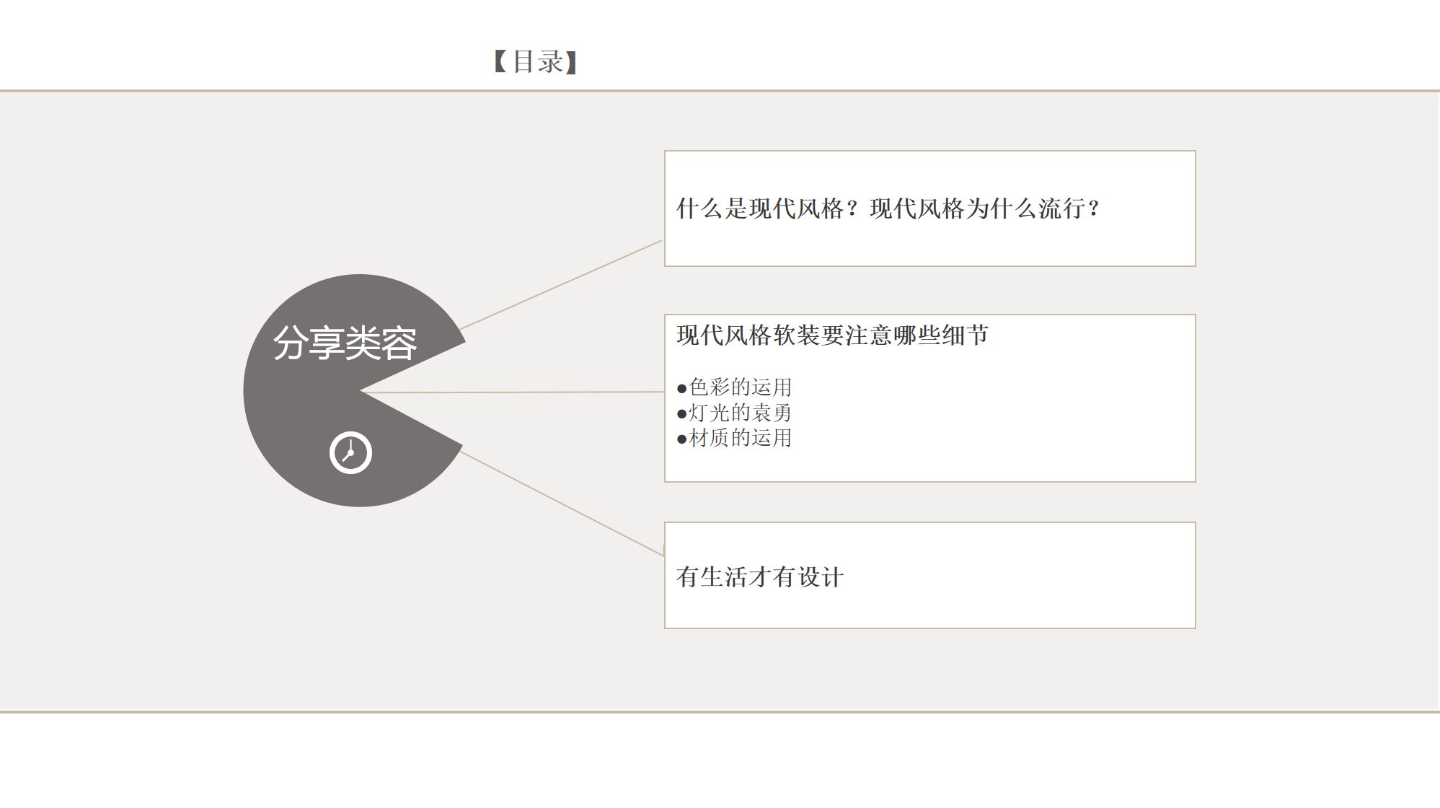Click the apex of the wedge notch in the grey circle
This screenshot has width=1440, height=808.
pos(361,391)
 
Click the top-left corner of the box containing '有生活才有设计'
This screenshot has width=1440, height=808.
pos(665,522)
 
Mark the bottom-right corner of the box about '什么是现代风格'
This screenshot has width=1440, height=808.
pos(1196,266)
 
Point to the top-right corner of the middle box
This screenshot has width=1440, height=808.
pos(1196,315)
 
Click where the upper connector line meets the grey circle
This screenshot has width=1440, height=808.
pos(459,330)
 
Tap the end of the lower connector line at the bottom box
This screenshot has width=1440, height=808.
pos(664,556)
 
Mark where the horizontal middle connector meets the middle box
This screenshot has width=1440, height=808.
pos(664,392)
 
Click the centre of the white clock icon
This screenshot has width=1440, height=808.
pos(350,453)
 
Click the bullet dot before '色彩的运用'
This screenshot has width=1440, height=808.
pos(681,389)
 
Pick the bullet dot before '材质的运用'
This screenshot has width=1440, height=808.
pos(681,439)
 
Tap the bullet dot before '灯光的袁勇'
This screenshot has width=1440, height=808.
pos(681,414)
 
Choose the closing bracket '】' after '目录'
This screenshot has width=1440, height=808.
pos(571,62)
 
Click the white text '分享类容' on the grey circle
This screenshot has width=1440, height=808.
pos(345,343)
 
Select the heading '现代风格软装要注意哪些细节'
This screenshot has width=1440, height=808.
pos(832,335)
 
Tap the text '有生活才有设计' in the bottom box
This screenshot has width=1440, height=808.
pos(760,577)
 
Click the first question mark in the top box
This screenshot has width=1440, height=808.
pos(853,209)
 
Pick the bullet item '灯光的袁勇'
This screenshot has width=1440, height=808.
pos(741,413)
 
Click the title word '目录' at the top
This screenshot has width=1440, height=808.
pos(537,62)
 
